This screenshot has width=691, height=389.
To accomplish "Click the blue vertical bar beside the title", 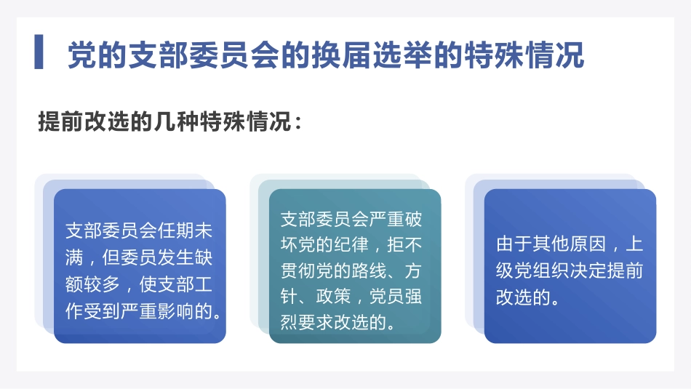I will pos(39,52).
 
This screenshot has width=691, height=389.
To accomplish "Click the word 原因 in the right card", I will pos(588,244).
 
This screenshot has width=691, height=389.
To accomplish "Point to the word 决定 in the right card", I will pos(588,270).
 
